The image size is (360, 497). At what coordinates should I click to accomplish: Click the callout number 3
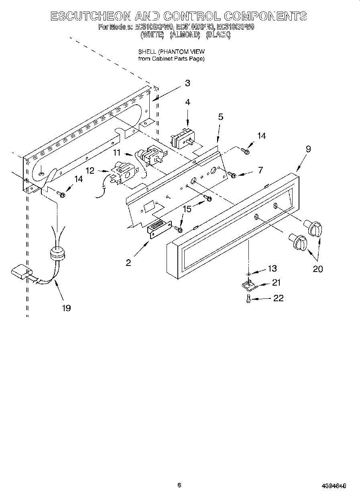pyautogui.click(x=187, y=83)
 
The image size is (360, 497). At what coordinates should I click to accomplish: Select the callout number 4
pyautogui.click(x=187, y=103)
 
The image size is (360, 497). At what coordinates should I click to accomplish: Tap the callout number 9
pyautogui.click(x=308, y=149)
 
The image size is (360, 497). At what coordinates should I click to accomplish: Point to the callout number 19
pyautogui.click(x=66, y=308)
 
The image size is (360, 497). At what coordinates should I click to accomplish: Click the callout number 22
pyautogui.click(x=278, y=298)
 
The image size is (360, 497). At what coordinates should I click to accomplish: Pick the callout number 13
pyautogui.click(x=272, y=268)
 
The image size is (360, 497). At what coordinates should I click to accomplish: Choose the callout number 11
pyautogui.click(x=116, y=152)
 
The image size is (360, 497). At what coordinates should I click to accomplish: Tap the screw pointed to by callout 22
pyautogui.click(x=249, y=298)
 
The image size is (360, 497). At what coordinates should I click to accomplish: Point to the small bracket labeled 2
pyautogui.click(x=159, y=230)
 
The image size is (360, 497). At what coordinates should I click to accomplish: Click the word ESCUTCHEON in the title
pyautogui.click(x=89, y=16)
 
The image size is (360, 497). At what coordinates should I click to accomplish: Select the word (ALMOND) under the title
pyautogui.click(x=185, y=35)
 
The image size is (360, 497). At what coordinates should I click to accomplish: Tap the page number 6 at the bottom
pyautogui.click(x=179, y=485)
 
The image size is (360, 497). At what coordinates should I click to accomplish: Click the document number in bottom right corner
pyautogui.click(x=334, y=486)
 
